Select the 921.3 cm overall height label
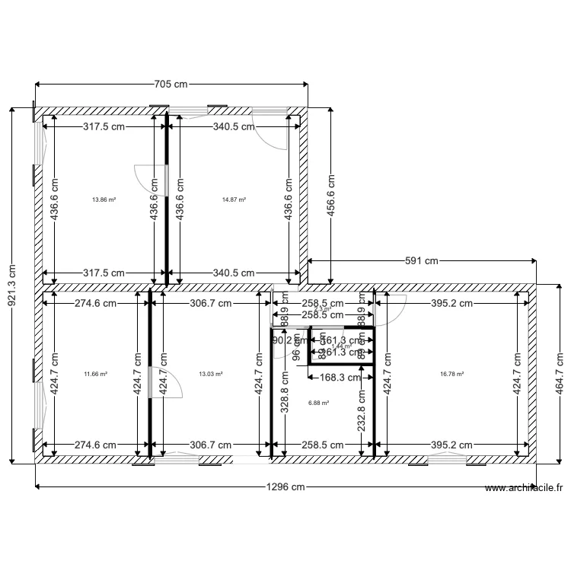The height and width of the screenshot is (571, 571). (x=12, y=285)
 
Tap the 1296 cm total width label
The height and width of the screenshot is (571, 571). (x=284, y=486)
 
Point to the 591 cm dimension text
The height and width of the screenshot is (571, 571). (x=421, y=261)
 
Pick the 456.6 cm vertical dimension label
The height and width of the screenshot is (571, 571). (x=331, y=196)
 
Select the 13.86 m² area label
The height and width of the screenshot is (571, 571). (x=104, y=199)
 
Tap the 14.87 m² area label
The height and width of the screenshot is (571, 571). (x=234, y=199)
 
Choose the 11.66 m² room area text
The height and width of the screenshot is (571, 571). (x=95, y=374)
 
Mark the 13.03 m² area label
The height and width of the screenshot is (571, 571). (x=210, y=374)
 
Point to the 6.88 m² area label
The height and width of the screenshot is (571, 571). (x=318, y=403)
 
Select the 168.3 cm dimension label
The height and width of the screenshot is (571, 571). (x=332, y=376)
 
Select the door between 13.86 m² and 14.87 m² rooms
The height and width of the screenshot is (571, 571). (x=152, y=178)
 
